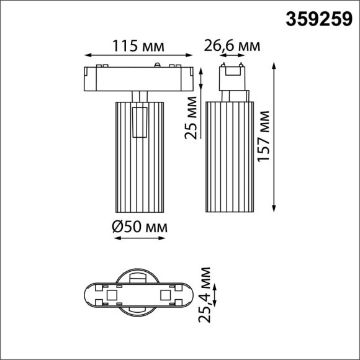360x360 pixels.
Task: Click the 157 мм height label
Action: point(264,137)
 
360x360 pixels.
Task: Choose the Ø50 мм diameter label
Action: point(140,228)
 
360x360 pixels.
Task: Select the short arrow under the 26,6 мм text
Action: point(231,56)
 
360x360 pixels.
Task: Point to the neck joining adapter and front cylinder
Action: point(140,94)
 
